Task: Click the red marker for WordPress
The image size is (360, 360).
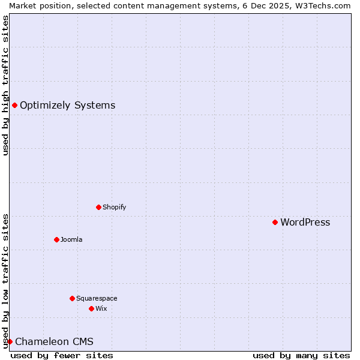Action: pyautogui.click(x=275, y=222)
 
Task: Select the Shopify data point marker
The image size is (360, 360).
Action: pyautogui.click(x=98, y=207)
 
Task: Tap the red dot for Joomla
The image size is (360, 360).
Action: pyautogui.click(x=56, y=239)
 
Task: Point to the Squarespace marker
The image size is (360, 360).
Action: pyautogui.click(x=72, y=298)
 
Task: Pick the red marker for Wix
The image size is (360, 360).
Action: pyautogui.click(x=91, y=308)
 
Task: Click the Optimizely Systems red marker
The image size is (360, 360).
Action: pyautogui.click(x=14, y=106)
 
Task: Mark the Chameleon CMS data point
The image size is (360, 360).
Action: pyautogui.click(x=10, y=341)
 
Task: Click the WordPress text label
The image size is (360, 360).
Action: pyautogui.click(x=305, y=223)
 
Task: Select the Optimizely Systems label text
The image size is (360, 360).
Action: pyautogui.click(x=67, y=106)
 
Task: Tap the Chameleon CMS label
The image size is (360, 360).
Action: pyautogui.click(x=54, y=342)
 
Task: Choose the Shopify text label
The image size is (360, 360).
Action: pyautogui.click(x=114, y=208)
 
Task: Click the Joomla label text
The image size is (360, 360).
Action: pyautogui.click(x=71, y=240)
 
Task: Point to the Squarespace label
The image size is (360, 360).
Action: pyautogui.click(x=97, y=299)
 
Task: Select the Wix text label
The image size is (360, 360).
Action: pyautogui.click(x=101, y=309)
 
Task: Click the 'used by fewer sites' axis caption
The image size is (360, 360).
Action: pyautogui.click(x=62, y=355)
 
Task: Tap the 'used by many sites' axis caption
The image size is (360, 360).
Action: pyautogui.click(x=301, y=355)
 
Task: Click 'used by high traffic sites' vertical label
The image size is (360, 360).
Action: pyautogui.click(x=5, y=85)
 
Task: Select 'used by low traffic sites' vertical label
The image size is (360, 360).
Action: pyautogui.click(x=5, y=281)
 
